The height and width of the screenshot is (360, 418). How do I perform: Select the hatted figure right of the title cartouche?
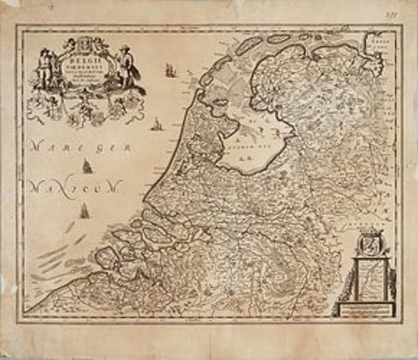tap(125, 65)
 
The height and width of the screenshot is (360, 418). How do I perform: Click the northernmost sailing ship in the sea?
tap(170, 70)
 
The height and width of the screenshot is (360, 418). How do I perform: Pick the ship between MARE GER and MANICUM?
tap(87, 166)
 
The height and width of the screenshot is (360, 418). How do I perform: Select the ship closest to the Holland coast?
tap(156, 124)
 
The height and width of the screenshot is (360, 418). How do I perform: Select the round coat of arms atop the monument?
tap(368, 244)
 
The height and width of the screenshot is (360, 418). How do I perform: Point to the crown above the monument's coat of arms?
tap(368, 232)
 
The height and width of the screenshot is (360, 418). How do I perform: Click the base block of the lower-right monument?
tap(368, 308)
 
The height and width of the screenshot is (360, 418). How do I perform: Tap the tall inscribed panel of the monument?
tap(368, 277)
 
